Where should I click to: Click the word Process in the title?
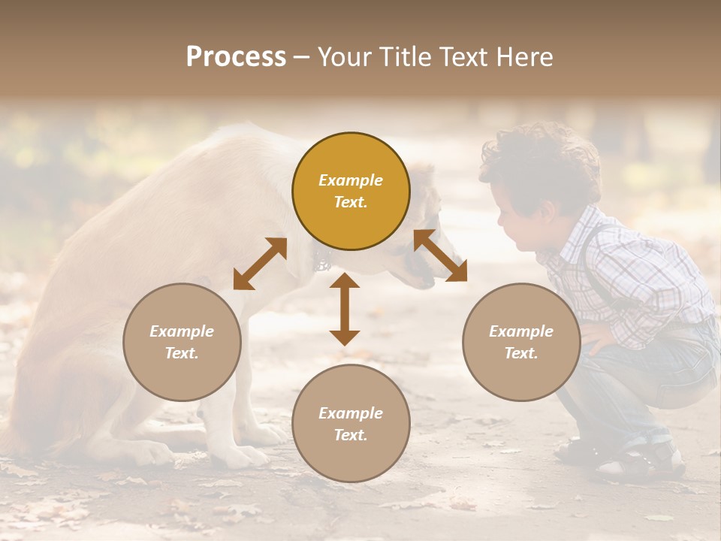(236, 57)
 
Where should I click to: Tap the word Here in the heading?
(526, 57)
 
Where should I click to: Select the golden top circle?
(351, 191)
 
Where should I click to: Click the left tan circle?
(182, 342)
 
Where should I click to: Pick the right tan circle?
(521, 342)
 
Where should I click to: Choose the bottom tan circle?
(351, 424)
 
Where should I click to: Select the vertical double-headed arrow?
(345, 309)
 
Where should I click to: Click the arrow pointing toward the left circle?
(260, 263)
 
